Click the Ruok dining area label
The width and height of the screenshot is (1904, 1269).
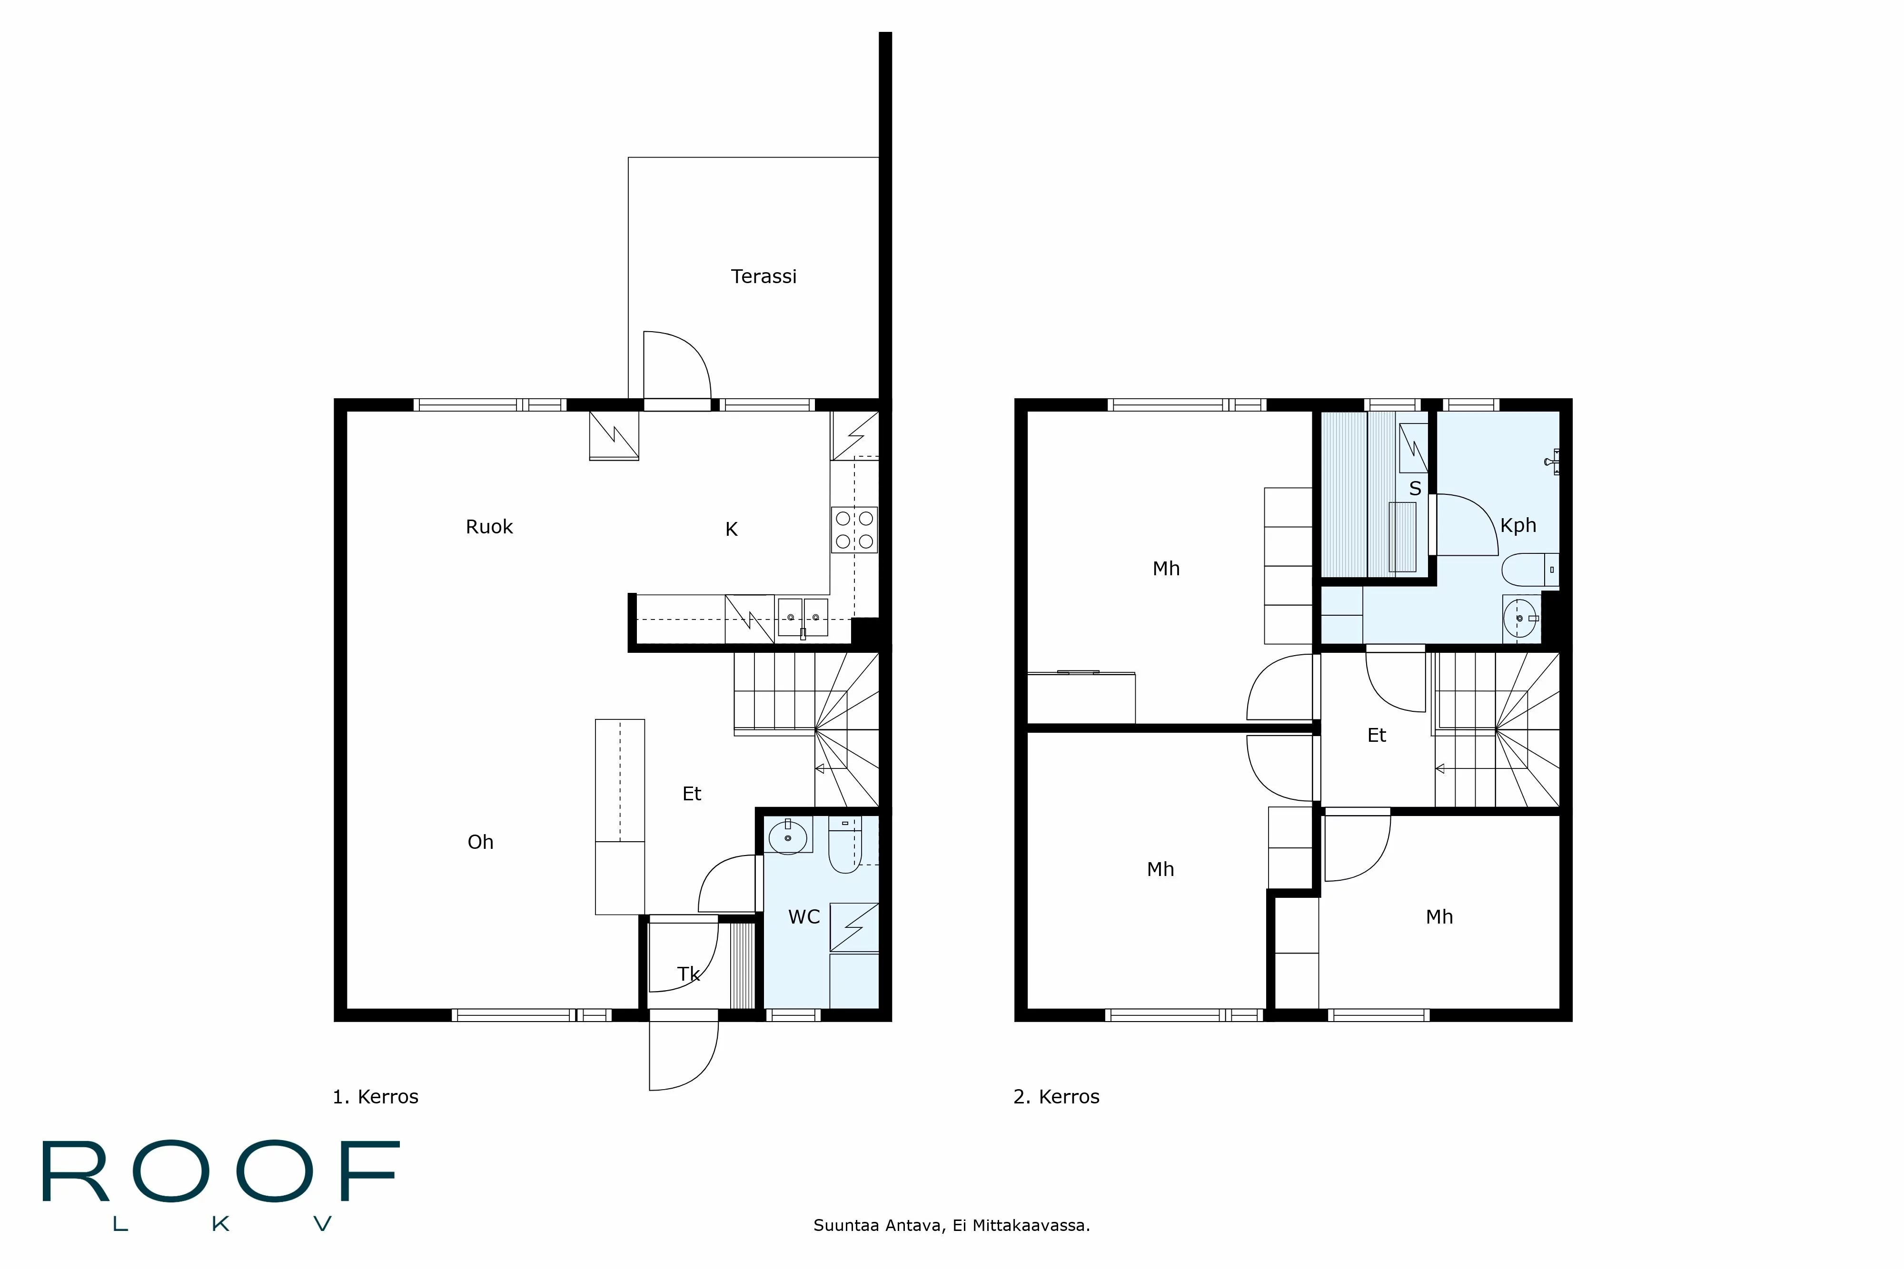tap(489, 527)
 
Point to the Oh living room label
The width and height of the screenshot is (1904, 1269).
tap(480, 843)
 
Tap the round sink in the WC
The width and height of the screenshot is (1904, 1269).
tap(788, 836)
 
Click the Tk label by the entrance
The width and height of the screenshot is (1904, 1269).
tap(688, 974)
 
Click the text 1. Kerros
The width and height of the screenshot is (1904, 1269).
tap(376, 1097)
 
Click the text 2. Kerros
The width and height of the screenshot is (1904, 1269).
tap(1056, 1097)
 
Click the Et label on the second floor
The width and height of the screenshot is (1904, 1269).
tap(1376, 736)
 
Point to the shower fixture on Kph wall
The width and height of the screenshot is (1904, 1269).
tap(1553, 462)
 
